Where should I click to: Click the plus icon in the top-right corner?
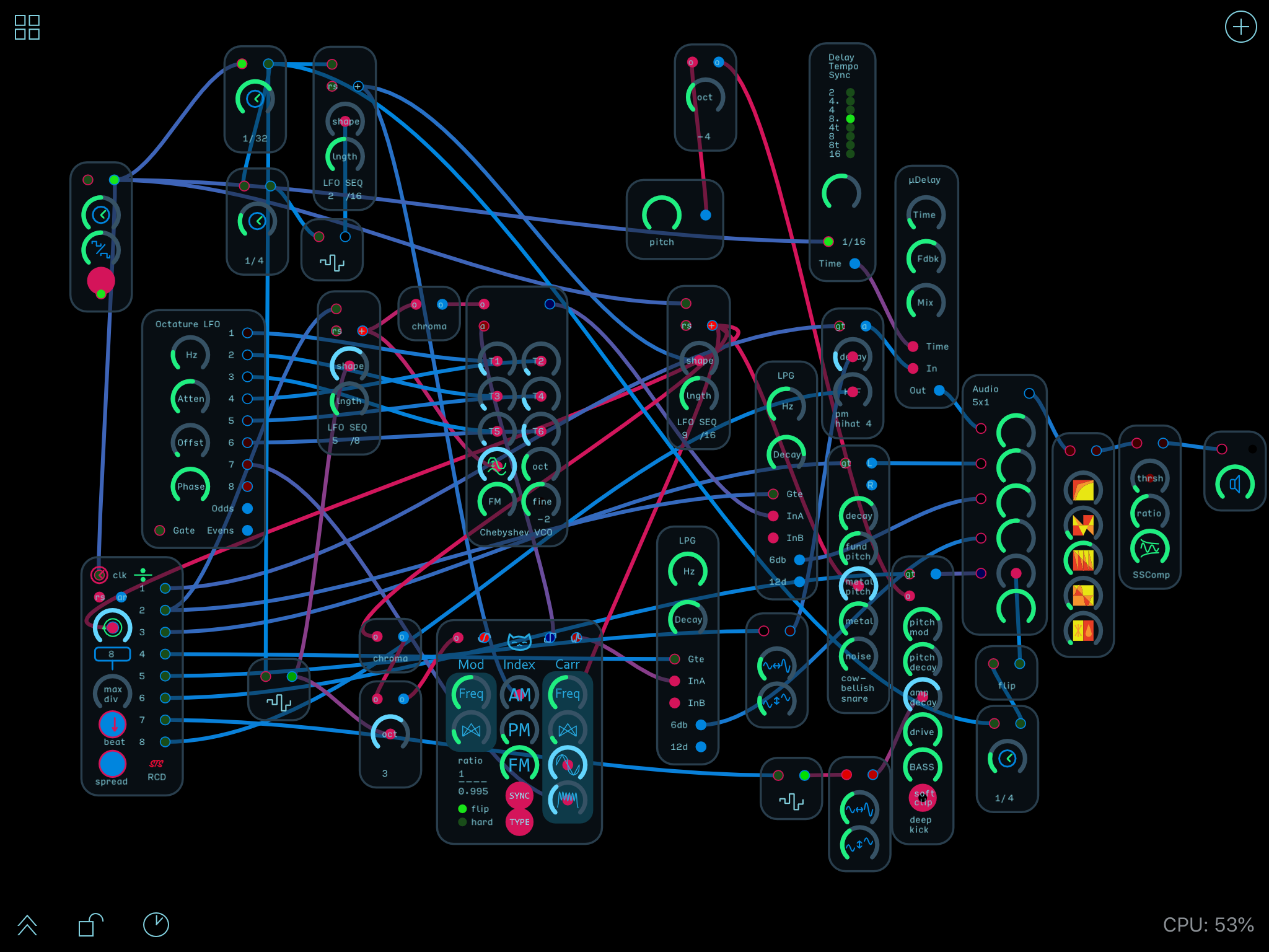pos(1240,27)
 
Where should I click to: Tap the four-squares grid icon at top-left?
pos(27,27)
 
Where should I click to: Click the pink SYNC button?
pos(519,796)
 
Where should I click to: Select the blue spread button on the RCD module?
pos(112,764)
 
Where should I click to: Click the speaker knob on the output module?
pos(1234,484)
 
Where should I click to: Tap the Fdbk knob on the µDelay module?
pos(926,258)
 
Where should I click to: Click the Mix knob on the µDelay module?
pos(926,302)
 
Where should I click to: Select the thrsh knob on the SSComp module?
pos(1150,478)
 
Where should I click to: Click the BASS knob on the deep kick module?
pos(922,767)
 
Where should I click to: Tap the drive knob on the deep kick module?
pos(922,732)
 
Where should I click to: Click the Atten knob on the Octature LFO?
pos(190,399)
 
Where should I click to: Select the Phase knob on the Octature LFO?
pos(190,487)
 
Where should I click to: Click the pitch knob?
pos(661,215)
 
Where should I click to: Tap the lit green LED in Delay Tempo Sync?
pos(850,118)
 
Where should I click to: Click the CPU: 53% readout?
pos(1208,925)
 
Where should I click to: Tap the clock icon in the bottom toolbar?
pos(156,925)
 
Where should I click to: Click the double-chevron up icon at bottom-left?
pos(27,925)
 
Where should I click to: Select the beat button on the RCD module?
pos(113,724)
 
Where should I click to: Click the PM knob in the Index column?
pos(519,729)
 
